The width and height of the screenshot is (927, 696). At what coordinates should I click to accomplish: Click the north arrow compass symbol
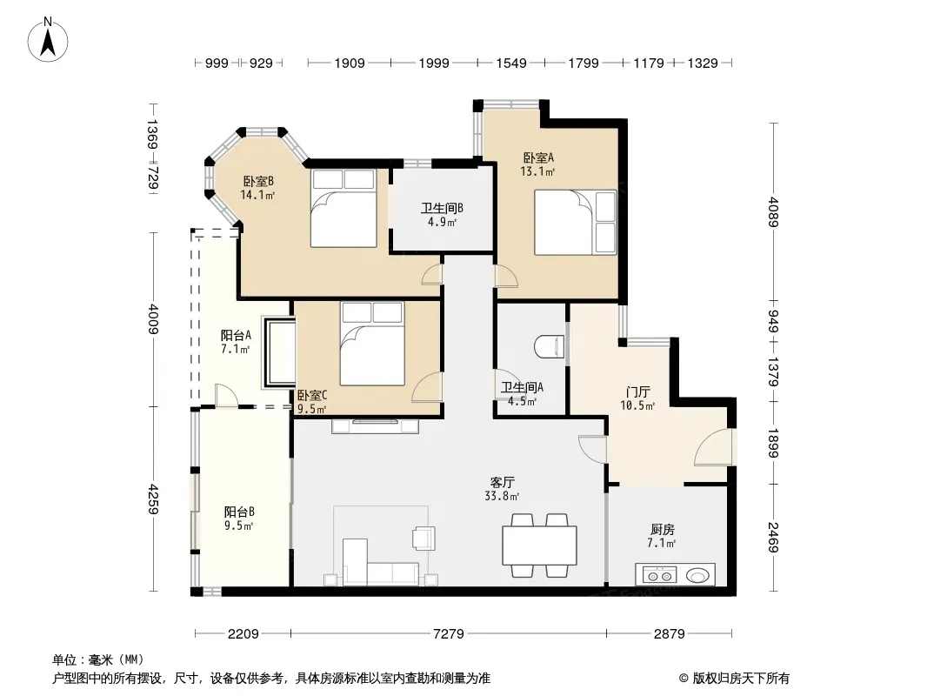point(48,40)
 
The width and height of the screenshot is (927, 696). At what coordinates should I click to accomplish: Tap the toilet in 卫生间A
point(550,347)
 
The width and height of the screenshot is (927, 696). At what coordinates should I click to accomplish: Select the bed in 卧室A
point(575,223)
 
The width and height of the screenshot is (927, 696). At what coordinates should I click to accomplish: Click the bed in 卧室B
point(343,208)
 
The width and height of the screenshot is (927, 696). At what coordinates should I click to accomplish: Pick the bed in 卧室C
point(372,344)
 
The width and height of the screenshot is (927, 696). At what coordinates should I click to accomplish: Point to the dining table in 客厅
point(540,545)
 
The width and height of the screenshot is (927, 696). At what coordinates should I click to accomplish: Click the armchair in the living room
point(423,537)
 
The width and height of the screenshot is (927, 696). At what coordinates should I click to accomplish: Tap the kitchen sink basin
point(697,575)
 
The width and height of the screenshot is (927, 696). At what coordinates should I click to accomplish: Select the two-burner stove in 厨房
point(660,575)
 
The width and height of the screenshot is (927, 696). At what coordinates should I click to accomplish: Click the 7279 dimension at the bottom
point(448,634)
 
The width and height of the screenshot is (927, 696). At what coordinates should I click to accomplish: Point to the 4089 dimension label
point(773,212)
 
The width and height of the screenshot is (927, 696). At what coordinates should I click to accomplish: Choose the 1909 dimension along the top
point(350,64)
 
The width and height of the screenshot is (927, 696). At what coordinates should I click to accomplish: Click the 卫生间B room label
point(442,208)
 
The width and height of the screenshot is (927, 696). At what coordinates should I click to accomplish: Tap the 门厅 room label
point(638,392)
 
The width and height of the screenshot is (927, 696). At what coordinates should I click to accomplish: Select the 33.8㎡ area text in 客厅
point(502,497)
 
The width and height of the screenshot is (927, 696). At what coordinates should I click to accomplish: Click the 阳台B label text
point(239,512)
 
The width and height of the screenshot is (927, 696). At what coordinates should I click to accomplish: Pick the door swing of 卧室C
point(427,388)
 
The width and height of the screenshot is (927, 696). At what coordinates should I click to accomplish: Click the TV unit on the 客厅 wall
point(375,425)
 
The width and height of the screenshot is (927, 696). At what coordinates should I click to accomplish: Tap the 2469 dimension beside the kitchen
point(773,538)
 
